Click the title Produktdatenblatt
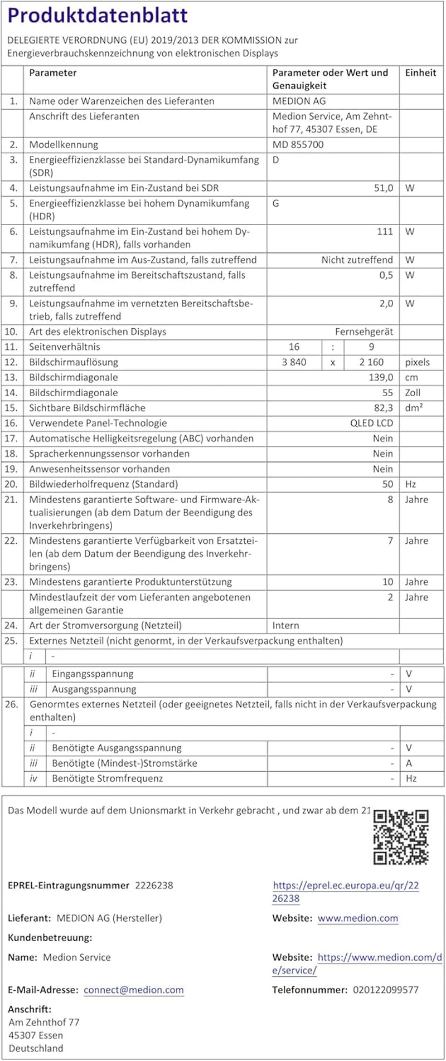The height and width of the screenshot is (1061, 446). click(x=98, y=16)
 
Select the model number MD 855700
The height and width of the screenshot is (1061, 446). click(x=298, y=144)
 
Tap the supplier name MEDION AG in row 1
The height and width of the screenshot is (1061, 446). click(x=299, y=101)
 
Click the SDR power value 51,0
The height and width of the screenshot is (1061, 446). click(x=383, y=188)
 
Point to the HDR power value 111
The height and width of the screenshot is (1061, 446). click(x=385, y=231)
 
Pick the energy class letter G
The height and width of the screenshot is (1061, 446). click(x=275, y=203)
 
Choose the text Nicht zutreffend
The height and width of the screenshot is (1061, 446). click(x=357, y=260)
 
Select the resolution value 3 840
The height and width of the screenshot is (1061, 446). click(x=294, y=362)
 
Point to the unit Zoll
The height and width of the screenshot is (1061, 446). click(x=413, y=393)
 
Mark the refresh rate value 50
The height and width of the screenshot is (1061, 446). click(x=387, y=484)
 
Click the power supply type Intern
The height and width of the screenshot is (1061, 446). click(x=285, y=626)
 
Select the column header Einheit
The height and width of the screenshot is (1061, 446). click(x=420, y=72)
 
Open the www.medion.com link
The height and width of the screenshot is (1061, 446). click(x=358, y=918)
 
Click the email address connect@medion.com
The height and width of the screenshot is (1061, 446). click(x=134, y=990)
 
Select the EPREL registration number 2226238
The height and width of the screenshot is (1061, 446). click(x=154, y=885)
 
